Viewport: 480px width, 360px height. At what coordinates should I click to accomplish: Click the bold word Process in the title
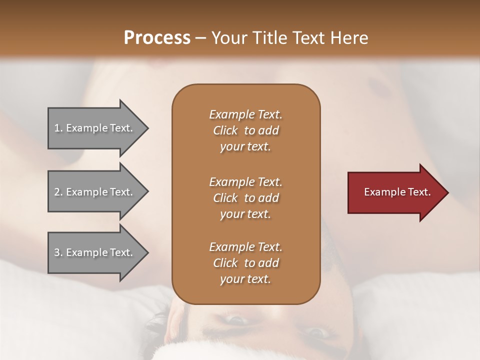point(157,37)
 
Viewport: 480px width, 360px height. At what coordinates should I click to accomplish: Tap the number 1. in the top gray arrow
point(58,128)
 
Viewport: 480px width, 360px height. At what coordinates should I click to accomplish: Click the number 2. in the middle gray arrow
point(58,192)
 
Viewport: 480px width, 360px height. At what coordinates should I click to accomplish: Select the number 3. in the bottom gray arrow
point(58,252)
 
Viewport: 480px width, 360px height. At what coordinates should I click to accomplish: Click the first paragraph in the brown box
point(245,130)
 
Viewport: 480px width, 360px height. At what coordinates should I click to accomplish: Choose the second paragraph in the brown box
point(245,197)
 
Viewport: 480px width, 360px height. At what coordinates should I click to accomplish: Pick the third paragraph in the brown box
point(245,263)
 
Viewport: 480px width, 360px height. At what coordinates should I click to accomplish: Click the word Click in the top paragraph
point(225,130)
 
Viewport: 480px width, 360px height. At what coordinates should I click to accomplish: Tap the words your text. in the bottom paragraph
point(245,279)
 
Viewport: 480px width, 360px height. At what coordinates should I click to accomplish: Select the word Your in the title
point(228,37)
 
